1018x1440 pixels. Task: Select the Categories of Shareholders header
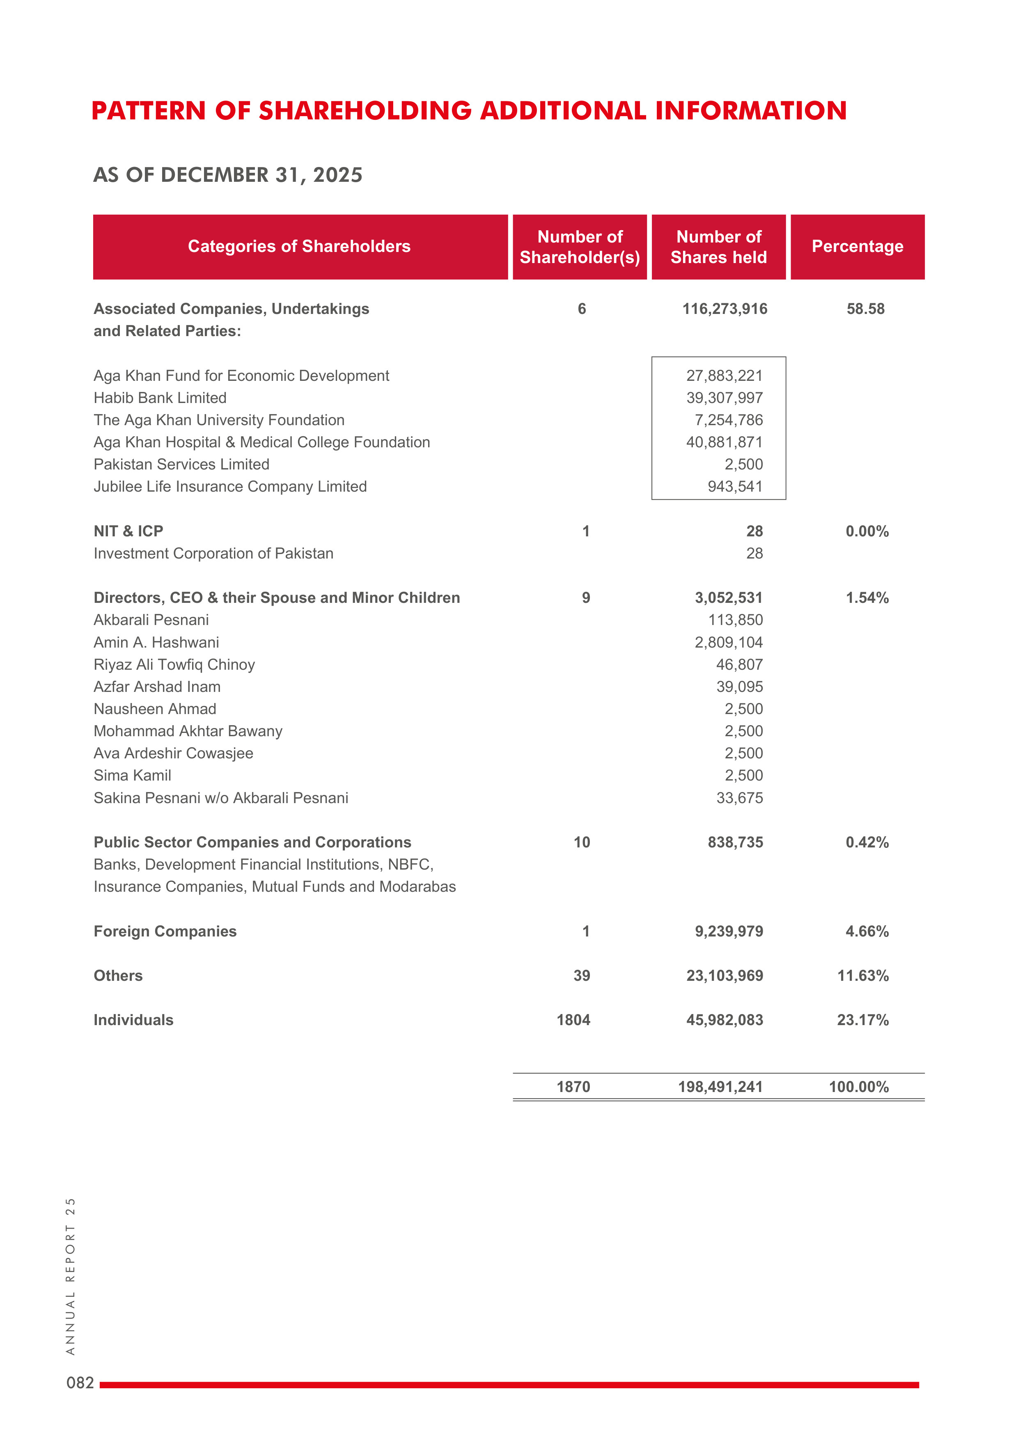(299, 247)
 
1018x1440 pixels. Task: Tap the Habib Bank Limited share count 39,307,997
(725, 398)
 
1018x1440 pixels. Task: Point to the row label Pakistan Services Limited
(181, 464)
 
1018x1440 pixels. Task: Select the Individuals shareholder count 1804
(573, 1020)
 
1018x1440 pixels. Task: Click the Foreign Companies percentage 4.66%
(867, 932)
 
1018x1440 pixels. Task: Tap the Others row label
(118, 976)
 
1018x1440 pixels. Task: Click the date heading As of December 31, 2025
(228, 175)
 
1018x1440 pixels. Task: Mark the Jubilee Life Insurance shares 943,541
(735, 487)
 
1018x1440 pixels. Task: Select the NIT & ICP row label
(128, 531)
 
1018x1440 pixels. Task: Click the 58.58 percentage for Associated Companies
(866, 309)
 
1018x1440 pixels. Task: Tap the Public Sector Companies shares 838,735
(735, 842)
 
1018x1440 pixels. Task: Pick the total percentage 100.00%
(859, 1087)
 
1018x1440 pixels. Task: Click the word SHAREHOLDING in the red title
(365, 111)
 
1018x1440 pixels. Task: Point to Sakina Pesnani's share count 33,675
(740, 798)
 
